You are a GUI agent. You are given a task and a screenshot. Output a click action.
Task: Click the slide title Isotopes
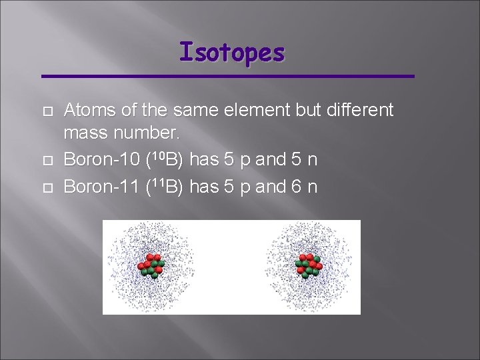click(x=231, y=52)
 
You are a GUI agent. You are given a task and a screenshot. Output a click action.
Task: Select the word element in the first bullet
click(x=263, y=110)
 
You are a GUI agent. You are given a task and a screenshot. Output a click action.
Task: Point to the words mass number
click(x=121, y=134)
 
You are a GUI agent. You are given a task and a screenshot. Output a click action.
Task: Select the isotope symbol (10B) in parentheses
click(x=165, y=161)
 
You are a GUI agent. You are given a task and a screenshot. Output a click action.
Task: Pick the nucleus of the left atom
click(x=151, y=265)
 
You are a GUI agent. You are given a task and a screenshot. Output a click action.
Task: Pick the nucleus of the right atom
click(x=309, y=265)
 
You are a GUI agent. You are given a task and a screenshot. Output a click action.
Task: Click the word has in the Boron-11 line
click(x=205, y=187)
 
